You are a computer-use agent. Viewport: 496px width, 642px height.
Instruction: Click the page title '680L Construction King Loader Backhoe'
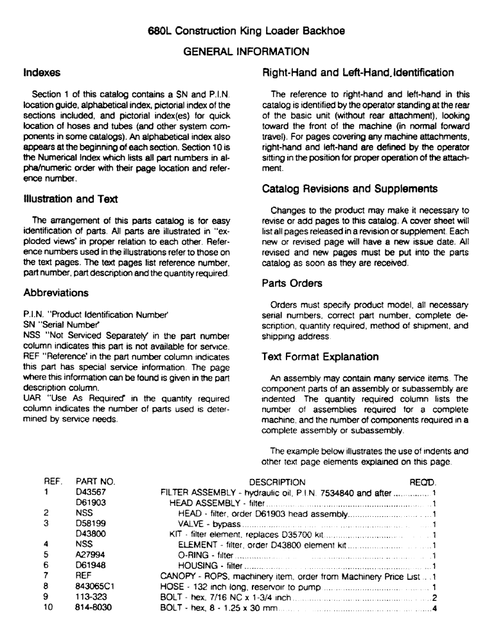coord(247,30)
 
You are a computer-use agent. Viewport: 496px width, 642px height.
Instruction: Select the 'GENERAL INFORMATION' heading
coord(247,51)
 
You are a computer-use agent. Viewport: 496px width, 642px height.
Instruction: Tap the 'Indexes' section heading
coord(42,73)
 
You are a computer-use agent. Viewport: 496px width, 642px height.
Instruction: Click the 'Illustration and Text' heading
coord(70,199)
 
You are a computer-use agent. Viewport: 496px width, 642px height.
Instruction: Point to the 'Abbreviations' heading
coord(55,292)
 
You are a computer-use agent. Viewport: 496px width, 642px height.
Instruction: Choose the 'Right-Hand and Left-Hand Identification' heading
coord(358,73)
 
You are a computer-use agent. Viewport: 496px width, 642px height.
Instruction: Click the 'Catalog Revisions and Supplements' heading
coord(350,189)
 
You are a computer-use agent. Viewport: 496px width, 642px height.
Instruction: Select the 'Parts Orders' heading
coord(293,282)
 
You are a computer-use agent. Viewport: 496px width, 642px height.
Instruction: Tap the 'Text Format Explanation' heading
coord(321,356)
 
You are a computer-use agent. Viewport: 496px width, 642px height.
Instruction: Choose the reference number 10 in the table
coord(48,608)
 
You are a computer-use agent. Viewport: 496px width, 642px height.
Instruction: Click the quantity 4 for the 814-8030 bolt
coord(435,608)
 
